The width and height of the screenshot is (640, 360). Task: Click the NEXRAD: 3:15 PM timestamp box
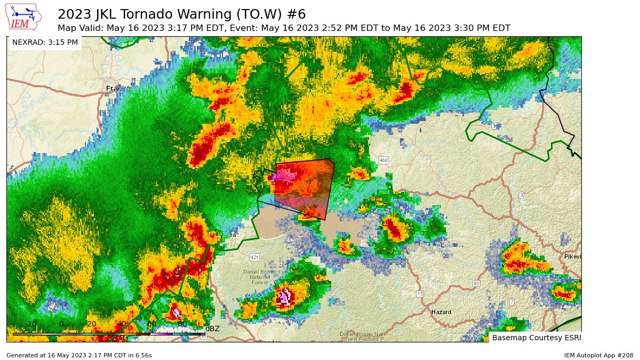pyautogui.click(x=45, y=42)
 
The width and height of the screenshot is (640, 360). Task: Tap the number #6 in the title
pyautogui.click(x=297, y=14)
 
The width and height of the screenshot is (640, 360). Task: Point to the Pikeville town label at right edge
pyautogui.click(x=573, y=257)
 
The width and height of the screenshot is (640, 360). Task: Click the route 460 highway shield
pyautogui.click(x=383, y=160)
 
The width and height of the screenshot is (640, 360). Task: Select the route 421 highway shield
pyautogui.click(x=254, y=258)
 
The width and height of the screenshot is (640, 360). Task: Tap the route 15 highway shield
pyautogui.click(x=420, y=294)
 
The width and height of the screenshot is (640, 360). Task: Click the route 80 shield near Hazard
pyautogui.click(x=476, y=283)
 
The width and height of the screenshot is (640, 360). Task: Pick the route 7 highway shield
pyautogui.click(x=511, y=302)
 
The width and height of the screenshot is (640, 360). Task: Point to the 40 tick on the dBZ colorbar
pyautogui.click(x=122, y=324)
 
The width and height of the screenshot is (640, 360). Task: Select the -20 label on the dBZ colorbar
pyautogui.click(x=31, y=324)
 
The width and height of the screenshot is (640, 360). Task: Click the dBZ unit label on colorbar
pyautogui.click(x=212, y=329)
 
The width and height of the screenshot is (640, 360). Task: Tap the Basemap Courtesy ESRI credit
pyautogui.click(x=535, y=338)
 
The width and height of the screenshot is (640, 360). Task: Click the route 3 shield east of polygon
pyautogui.click(x=521, y=195)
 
